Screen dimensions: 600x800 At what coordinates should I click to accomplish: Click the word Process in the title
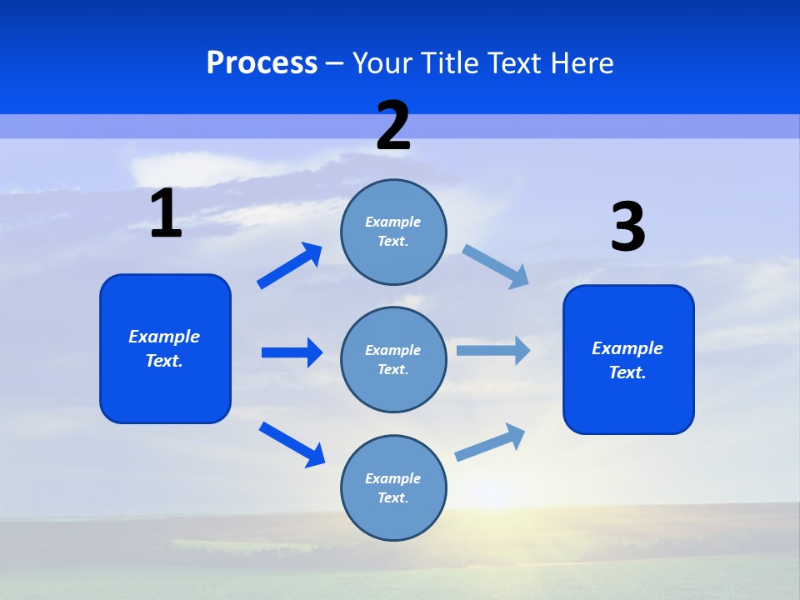click(262, 63)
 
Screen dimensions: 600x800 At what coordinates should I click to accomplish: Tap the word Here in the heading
click(582, 63)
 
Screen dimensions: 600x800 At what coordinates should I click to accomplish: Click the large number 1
click(166, 214)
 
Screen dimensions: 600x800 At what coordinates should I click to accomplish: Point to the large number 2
click(393, 127)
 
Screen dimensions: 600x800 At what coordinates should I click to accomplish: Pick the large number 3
click(627, 227)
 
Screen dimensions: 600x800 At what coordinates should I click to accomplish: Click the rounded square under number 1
click(165, 348)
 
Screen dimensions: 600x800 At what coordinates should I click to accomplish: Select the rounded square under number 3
click(628, 360)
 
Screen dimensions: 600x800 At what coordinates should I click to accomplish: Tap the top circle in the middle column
click(393, 232)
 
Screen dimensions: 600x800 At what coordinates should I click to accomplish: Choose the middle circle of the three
click(393, 360)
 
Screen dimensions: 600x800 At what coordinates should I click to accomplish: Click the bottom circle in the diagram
click(393, 488)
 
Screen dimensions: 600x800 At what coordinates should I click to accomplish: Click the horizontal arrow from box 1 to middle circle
click(292, 352)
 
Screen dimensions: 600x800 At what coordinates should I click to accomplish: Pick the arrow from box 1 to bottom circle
click(292, 443)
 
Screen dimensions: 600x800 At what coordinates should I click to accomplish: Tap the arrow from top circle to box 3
click(495, 266)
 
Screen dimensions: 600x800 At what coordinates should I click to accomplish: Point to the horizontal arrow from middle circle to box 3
click(492, 350)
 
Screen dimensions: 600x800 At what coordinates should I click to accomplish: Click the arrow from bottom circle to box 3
click(490, 442)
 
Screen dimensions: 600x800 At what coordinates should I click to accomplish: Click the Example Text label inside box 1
click(164, 348)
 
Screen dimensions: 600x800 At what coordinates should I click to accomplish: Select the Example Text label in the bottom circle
click(393, 488)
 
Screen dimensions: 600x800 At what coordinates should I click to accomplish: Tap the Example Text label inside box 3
click(627, 360)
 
